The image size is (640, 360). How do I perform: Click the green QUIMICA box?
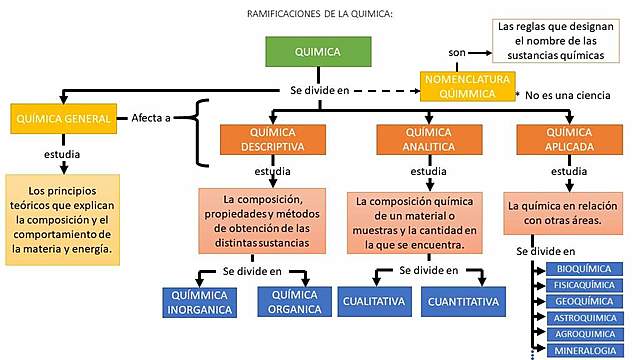(317, 52)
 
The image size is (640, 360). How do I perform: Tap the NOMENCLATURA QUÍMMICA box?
(465, 86)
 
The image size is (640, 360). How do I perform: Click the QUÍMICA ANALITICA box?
(428, 140)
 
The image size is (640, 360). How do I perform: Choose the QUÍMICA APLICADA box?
(569, 140)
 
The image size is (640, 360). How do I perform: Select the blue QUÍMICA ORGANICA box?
(295, 300)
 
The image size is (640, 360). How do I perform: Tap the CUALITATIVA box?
(372, 300)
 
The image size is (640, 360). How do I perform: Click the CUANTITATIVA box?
(463, 300)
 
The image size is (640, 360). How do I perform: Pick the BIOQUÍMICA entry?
(581, 270)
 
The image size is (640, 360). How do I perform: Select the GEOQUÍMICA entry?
(581, 299)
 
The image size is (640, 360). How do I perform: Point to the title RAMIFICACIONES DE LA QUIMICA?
(319, 13)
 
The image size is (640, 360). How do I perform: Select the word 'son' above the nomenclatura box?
(456, 50)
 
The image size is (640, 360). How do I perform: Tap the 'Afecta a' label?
(151, 118)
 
